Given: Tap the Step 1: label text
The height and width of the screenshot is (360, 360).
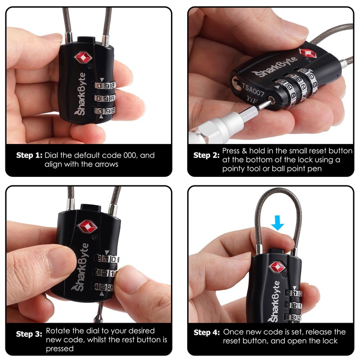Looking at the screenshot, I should (x=29, y=155).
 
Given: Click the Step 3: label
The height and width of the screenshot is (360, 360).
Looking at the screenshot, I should (x=29, y=334).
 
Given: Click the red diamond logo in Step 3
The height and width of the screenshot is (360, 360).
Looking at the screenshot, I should (x=86, y=226).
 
